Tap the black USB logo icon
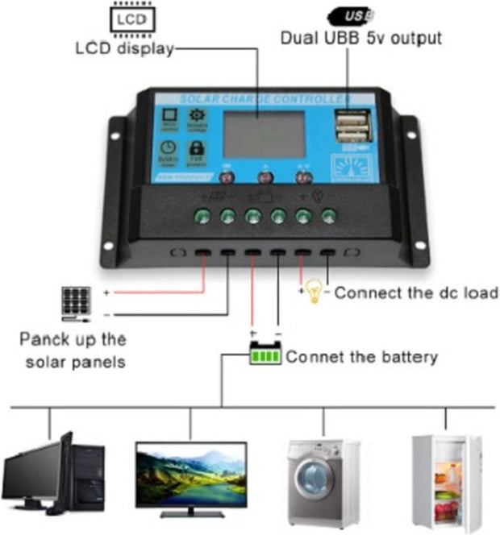[x=352, y=15]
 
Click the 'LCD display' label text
[x=124, y=48]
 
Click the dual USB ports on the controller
[x=349, y=127]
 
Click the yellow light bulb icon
[x=315, y=292]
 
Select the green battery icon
[x=265, y=354]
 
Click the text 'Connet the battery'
[x=361, y=356]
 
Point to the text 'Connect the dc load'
[x=416, y=292]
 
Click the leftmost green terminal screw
[x=203, y=215]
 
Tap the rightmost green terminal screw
[x=328, y=215]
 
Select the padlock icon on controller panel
[x=195, y=148]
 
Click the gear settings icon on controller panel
[x=196, y=116]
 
